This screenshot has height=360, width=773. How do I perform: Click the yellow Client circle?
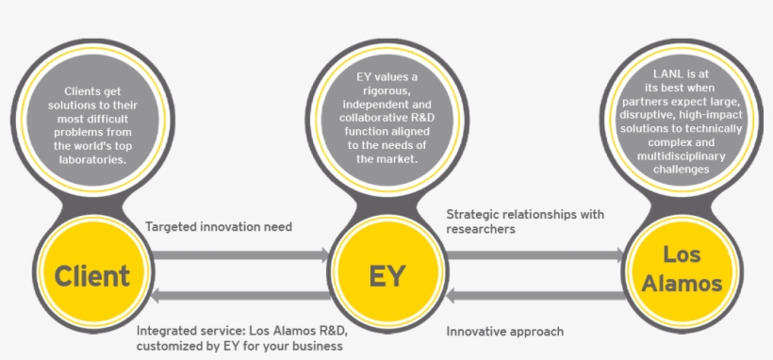click(91, 276)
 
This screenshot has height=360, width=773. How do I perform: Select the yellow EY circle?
click(386, 276)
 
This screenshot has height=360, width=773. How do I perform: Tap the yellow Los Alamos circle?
click(682, 270)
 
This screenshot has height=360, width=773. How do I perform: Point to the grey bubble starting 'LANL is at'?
click(682, 119)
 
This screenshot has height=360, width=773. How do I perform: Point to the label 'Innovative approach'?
click(505, 332)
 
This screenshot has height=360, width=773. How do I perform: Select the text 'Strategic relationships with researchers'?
click(524, 221)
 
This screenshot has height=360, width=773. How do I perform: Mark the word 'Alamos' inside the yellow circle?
click(682, 284)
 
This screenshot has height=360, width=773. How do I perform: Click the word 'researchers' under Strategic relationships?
click(480, 229)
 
